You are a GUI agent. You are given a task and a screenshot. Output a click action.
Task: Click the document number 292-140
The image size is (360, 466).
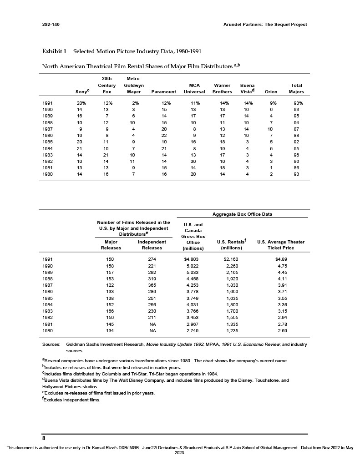click(51, 24)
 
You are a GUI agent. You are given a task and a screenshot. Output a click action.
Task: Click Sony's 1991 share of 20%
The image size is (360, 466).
click(81, 103)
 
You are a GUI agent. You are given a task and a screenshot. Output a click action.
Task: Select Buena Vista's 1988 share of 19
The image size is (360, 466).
click(246, 122)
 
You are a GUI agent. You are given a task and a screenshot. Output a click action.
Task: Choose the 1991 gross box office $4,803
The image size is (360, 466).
click(193, 259)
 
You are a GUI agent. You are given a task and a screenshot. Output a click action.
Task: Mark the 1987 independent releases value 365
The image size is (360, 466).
click(152, 284)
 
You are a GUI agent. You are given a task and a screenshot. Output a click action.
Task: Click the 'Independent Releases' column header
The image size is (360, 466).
click(152, 245)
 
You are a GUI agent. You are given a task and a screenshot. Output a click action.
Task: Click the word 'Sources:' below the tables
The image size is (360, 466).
click(51, 345)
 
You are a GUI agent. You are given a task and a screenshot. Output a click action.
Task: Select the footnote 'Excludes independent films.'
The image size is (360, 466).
click(71, 400)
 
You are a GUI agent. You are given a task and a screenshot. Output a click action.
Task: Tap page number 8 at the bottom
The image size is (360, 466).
click(44, 438)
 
